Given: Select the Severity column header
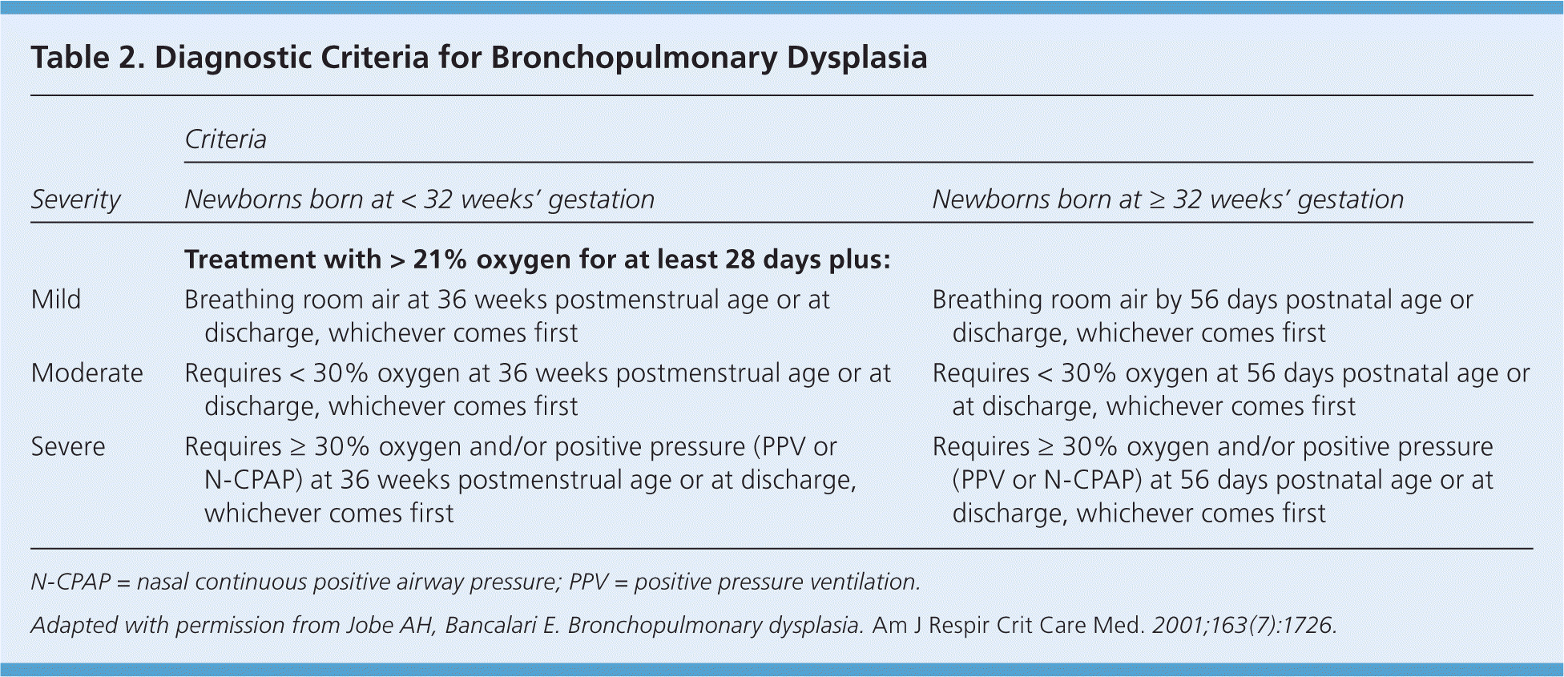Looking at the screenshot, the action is [76, 199].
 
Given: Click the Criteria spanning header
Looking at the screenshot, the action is [225, 139].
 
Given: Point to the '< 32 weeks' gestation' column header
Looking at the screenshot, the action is [420, 199].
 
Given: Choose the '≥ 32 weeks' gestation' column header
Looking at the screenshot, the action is [1168, 199].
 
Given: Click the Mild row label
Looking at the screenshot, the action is [56, 300].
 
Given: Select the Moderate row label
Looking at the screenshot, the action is [87, 373].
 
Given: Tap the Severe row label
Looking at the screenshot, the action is [68, 447].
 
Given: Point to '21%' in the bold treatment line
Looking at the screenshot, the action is [440, 260].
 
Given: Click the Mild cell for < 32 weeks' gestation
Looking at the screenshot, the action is [507, 316].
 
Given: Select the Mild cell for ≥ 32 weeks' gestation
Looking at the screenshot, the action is [1203, 316].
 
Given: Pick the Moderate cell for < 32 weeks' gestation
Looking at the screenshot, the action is [538, 390].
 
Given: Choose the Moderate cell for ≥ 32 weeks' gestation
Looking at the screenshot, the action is [1231, 390].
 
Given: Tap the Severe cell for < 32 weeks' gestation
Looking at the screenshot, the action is [521, 480].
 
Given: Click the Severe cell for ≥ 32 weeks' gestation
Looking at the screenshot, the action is [1213, 480].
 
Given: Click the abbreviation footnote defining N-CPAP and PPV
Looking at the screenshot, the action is [476, 582].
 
